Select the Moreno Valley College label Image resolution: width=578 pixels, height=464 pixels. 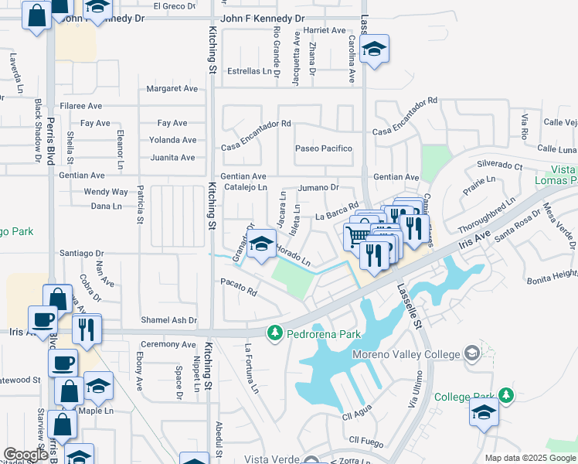[x=406, y=354]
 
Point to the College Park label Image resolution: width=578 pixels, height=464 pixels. [x=463, y=397]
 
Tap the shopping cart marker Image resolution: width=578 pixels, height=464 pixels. [x=358, y=236]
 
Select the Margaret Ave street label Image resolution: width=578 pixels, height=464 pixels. [x=172, y=89]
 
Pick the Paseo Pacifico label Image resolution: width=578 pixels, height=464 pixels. [x=324, y=148]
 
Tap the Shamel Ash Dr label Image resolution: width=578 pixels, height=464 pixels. [x=168, y=320]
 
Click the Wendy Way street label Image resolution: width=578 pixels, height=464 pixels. [x=106, y=192]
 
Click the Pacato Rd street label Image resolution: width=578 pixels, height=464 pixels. [x=239, y=286]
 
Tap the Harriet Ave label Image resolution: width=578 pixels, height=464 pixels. [x=325, y=30]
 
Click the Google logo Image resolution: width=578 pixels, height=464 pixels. [x=26, y=455]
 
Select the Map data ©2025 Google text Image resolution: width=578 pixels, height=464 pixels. [x=529, y=458]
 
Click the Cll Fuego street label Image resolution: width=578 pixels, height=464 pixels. [x=366, y=440]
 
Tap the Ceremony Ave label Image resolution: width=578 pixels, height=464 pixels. [x=168, y=344]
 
